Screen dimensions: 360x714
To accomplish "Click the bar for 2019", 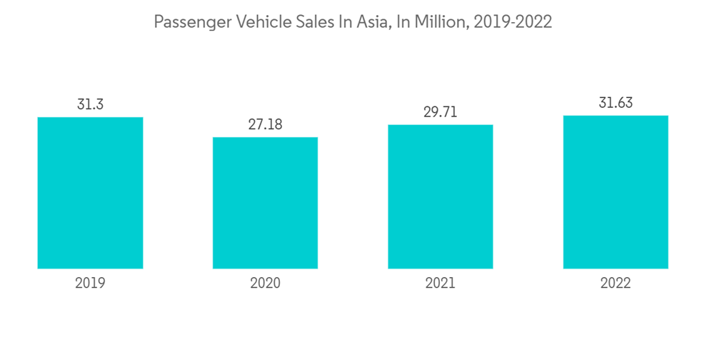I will click(x=90, y=193).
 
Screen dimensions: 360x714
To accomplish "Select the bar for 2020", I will click(x=265, y=203).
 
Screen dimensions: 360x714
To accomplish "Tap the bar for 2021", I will click(x=440, y=196).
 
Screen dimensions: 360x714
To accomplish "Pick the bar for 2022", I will click(x=615, y=192).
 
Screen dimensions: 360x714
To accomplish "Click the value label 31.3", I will click(x=90, y=104).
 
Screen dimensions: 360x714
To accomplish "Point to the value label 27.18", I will click(x=265, y=124).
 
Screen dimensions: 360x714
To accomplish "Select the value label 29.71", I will click(x=440, y=112).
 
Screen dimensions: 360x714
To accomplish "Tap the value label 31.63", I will click(x=615, y=103).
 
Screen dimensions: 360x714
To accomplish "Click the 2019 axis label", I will click(x=90, y=284).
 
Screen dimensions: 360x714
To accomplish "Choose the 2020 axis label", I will click(x=265, y=284).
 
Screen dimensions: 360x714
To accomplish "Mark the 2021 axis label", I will click(x=440, y=284).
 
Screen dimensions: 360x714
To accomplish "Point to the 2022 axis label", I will click(x=615, y=284).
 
